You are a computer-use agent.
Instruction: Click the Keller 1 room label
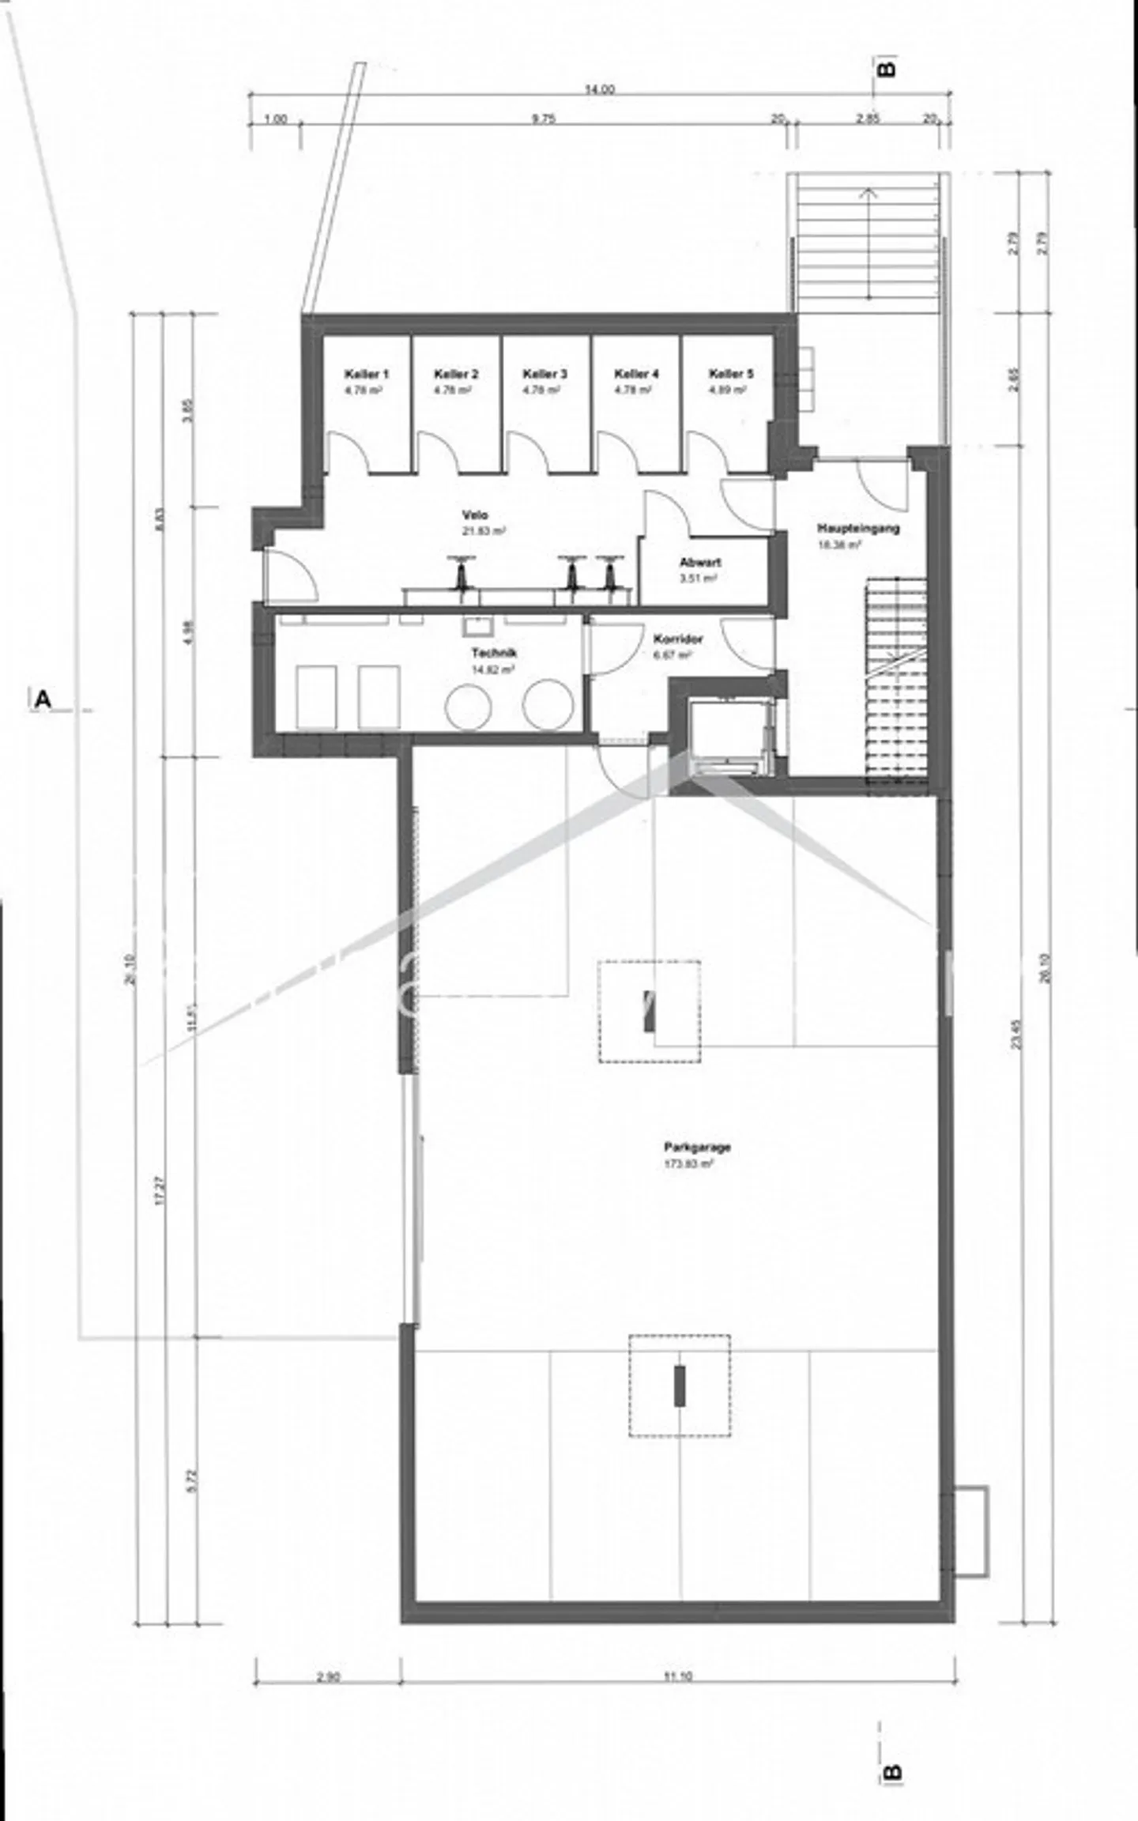(x=366, y=374)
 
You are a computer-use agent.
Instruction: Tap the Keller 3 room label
(x=545, y=374)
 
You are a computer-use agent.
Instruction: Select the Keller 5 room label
(x=731, y=374)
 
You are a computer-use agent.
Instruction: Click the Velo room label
(x=475, y=515)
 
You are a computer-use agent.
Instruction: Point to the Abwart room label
(x=699, y=563)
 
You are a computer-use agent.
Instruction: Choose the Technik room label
(x=493, y=654)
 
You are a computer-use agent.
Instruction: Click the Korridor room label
(x=678, y=639)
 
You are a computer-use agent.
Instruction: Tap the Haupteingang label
(x=857, y=529)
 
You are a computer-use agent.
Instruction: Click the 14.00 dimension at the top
(x=599, y=89)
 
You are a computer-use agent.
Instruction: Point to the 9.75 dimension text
(x=544, y=119)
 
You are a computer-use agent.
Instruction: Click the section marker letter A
(x=43, y=699)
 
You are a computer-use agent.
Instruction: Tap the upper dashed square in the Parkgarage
(x=649, y=1011)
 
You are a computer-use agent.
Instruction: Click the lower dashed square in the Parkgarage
(x=680, y=1386)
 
